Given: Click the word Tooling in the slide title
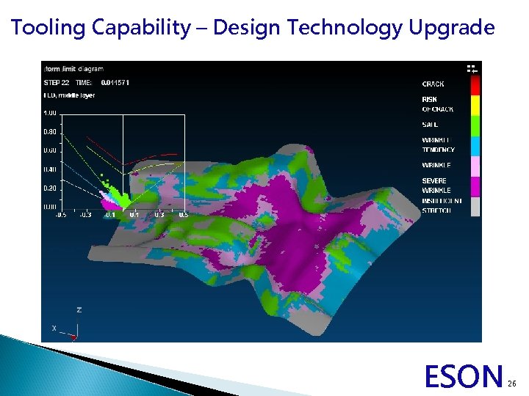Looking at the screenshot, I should pos(48,28).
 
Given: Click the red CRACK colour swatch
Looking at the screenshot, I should pos(474,85).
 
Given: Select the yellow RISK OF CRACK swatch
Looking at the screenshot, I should pos(474,103).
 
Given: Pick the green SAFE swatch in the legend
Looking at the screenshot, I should pos(474,124).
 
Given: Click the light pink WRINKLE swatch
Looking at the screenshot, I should pos(474,165).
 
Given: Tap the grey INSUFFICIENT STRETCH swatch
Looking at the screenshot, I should pos(474,206).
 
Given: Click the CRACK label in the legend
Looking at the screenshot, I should pos(433,84).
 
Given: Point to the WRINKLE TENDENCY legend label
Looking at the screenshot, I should pos(438,144).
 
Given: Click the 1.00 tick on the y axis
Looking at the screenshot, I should pos(49,112).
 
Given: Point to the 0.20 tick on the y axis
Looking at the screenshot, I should pos(49,188).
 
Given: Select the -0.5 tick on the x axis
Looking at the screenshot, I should pos(62,215).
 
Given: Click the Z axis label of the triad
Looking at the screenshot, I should pos(79,310).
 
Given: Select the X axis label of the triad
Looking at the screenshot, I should pos(54,327).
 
